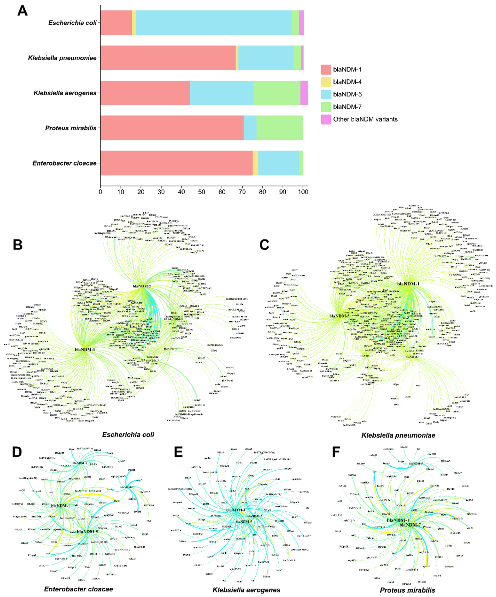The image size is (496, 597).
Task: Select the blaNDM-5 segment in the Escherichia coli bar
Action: pos(214,23)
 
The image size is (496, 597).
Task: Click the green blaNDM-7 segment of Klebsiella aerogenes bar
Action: pos(277,93)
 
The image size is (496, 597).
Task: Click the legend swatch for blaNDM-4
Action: pos(326,82)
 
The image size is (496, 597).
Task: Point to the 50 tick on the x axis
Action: pos(202,192)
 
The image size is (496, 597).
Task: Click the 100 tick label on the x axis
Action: pos(303,192)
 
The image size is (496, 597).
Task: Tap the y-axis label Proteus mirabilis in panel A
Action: pos(71,128)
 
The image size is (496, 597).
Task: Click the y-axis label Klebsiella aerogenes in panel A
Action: pos(65,93)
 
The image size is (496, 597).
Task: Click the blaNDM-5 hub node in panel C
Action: pos(339,316)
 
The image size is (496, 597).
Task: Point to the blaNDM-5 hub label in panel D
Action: pos(87,531)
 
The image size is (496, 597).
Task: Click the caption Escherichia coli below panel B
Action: pos(128,435)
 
